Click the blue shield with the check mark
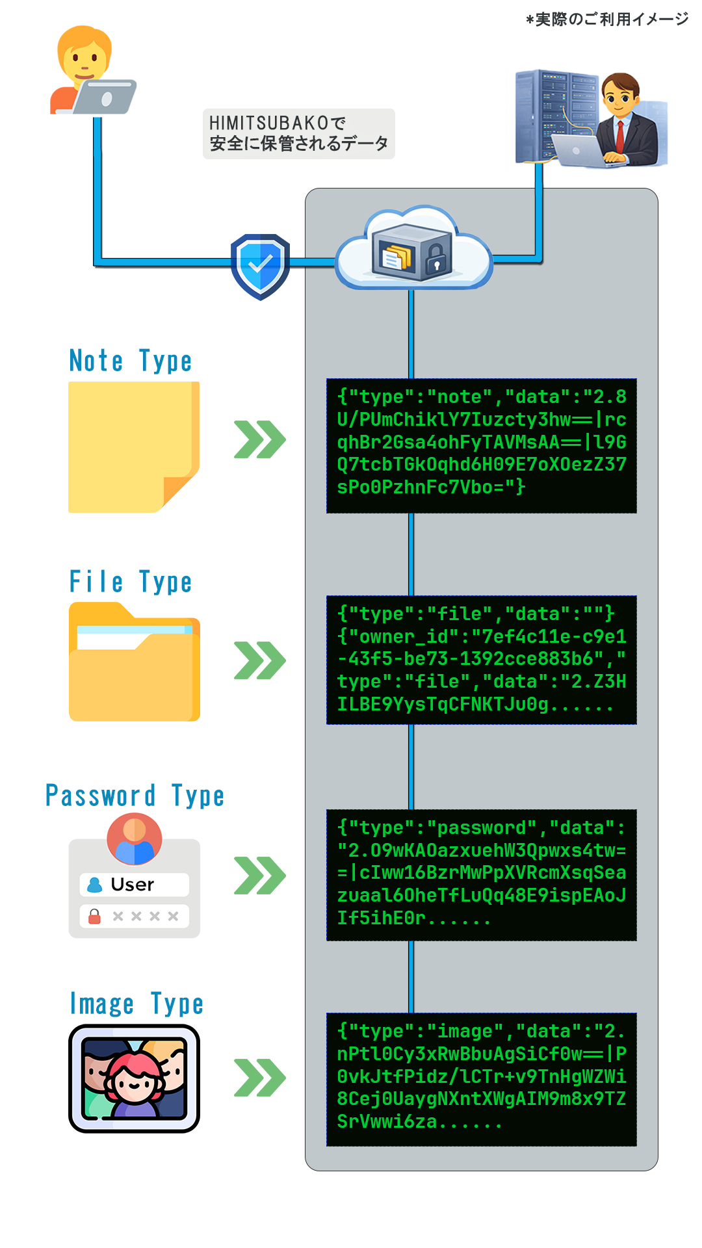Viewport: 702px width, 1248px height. click(x=260, y=265)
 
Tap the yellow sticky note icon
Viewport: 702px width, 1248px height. click(x=133, y=447)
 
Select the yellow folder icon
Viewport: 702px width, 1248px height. click(x=134, y=663)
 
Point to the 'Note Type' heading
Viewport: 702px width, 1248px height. click(x=130, y=361)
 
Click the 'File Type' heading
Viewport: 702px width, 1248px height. click(x=130, y=582)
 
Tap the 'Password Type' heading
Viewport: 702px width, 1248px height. click(x=135, y=796)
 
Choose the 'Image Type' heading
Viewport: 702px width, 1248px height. click(x=136, y=1004)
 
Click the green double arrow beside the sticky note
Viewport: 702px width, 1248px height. click(x=259, y=439)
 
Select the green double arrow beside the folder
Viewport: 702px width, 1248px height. click(x=259, y=660)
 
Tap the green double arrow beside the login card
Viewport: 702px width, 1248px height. click(x=259, y=876)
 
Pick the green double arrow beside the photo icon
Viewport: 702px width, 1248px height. click(x=259, y=1078)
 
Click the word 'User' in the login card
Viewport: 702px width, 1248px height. click(x=132, y=885)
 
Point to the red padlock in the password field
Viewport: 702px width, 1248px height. click(x=94, y=916)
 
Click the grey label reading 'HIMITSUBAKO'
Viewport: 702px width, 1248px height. click(x=298, y=133)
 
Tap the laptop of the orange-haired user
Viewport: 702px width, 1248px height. click(x=104, y=97)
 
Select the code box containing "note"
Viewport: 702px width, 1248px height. click(x=481, y=445)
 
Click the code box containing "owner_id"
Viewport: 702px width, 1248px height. click(x=481, y=660)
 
